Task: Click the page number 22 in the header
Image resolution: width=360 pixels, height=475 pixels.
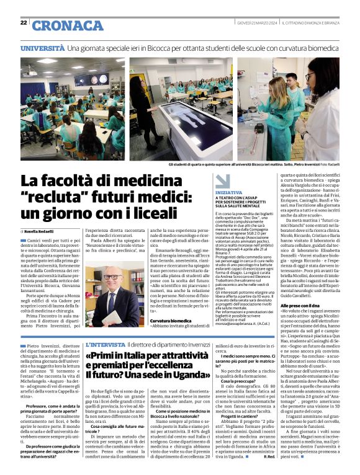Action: tap(24, 23)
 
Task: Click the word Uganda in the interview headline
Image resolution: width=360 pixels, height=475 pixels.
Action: tap(184, 375)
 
